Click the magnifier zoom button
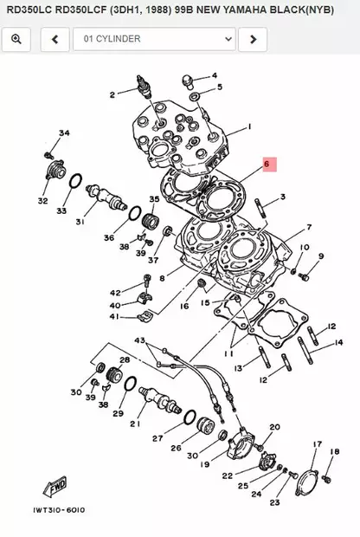click(x=16, y=39)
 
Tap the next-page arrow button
click(x=252, y=39)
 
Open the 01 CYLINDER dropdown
click(x=154, y=39)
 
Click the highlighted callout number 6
click(x=267, y=163)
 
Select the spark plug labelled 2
click(x=138, y=87)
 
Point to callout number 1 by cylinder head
click(x=249, y=127)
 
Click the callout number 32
click(x=42, y=201)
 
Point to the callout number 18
click(x=334, y=450)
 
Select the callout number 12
click(x=331, y=327)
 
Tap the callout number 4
click(x=215, y=75)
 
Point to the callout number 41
click(x=114, y=317)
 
